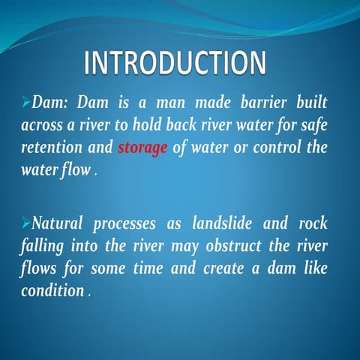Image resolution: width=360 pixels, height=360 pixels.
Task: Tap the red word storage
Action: (142, 147)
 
